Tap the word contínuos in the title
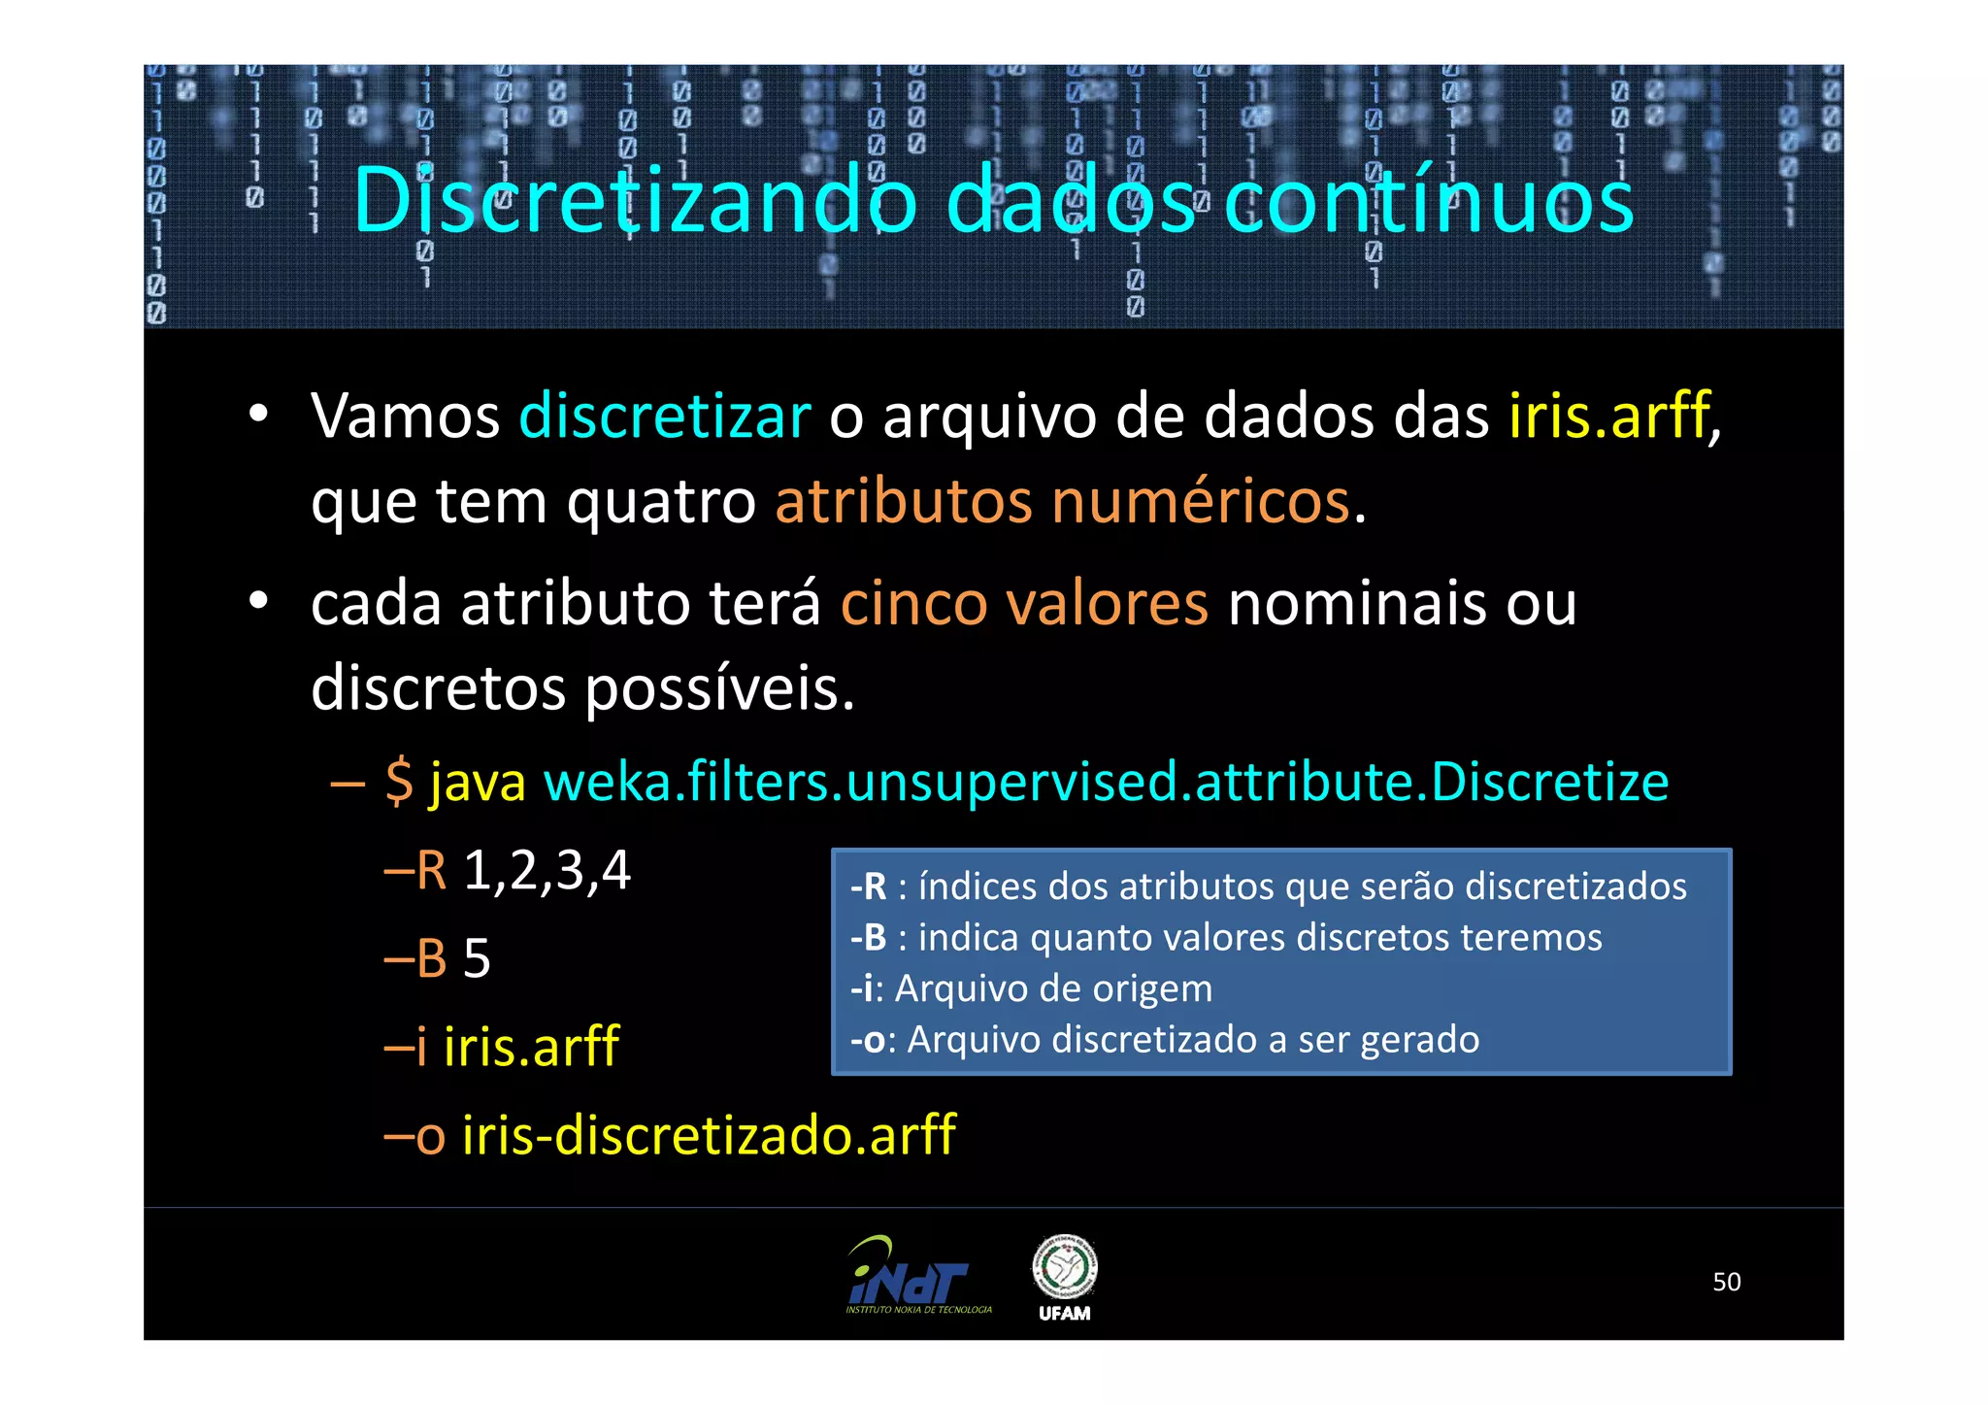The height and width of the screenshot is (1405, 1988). click(1429, 201)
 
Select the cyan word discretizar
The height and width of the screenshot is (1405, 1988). click(665, 416)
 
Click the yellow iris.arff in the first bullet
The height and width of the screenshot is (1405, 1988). click(1608, 416)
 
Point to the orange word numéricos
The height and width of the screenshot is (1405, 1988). click(1201, 502)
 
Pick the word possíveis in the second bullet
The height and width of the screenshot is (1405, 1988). click(718, 688)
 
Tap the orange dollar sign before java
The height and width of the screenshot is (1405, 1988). click(399, 782)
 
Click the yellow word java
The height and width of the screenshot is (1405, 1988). click(478, 783)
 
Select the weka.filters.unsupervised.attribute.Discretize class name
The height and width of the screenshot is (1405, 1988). click(1106, 782)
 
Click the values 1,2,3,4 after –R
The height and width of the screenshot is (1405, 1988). click(547, 870)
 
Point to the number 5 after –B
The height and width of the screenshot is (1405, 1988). click(477, 958)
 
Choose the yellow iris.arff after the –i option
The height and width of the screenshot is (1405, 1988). click(531, 1047)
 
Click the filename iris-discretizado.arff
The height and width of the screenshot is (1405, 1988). click(709, 1134)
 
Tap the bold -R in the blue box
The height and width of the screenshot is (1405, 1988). click(869, 886)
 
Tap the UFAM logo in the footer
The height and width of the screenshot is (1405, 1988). click(1064, 1277)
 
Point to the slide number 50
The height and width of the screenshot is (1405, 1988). click(1726, 1282)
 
